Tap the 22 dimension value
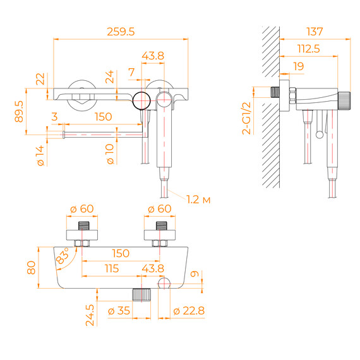coord(41,79)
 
